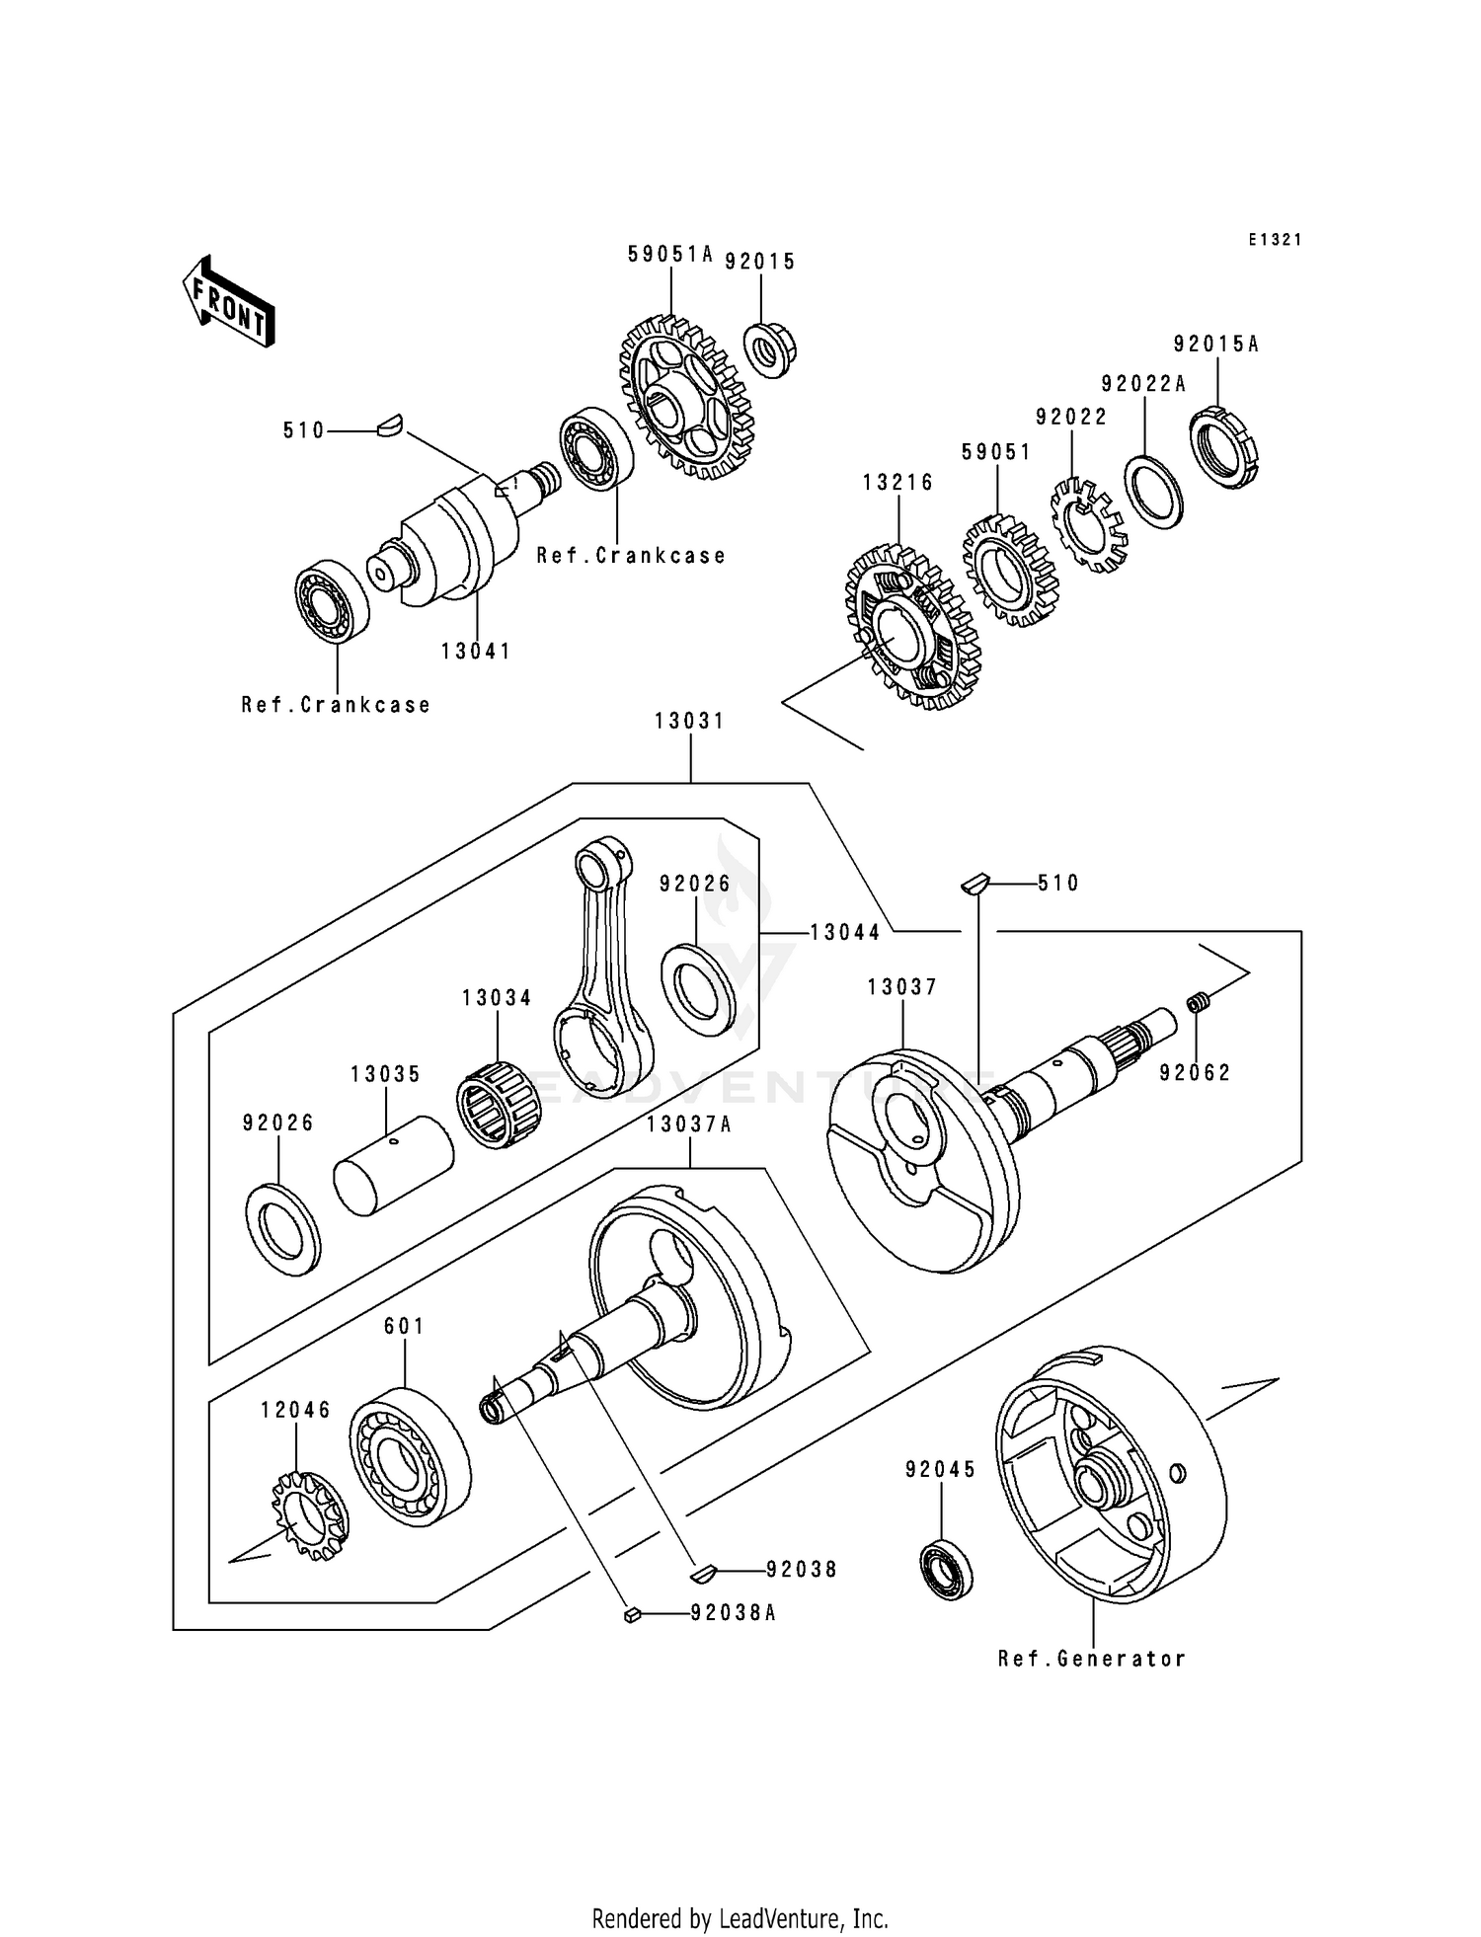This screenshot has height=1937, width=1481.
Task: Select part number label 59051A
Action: pyautogui.click(x=669, y=255)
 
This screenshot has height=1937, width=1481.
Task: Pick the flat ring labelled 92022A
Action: pyautogui.click(x=1153, y=492)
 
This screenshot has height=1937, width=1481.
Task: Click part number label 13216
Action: pyautogui.click(x=897, y=483)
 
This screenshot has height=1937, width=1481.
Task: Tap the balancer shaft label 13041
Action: pyautogui.click(x=476, y=652)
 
